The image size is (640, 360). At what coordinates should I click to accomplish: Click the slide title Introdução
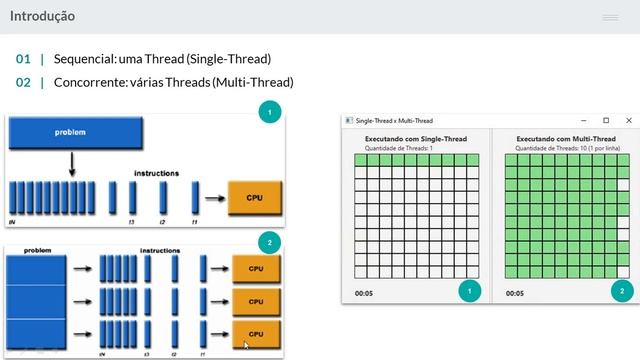pos(42,16)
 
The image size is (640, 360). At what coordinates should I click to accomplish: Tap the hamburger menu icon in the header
pos(610,17)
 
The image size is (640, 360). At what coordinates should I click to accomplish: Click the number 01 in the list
pos(23,59)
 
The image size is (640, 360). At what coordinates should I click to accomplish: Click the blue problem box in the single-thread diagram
pos(71,132)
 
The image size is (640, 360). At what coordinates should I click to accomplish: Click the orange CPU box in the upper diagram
pos(254,198)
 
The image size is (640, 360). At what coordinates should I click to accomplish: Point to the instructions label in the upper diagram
pos(156,173)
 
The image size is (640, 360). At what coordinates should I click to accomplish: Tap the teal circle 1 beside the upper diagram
pos(268,113)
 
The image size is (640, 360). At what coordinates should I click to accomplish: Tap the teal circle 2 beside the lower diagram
pos(268,243)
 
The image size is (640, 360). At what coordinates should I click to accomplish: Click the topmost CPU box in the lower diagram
pos(255,268)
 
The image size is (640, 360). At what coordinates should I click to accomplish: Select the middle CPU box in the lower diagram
pos(255,300)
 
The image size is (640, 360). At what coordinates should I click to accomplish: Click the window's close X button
pos(627,120)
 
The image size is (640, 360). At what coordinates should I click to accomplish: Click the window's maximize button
pos(605,120)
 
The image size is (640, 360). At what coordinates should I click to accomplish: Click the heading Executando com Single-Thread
pos(415,138)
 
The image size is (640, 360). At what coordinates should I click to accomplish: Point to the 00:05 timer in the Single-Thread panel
pos(363,293)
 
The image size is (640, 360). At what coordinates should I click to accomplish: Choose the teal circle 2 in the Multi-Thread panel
pos(621,291)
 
